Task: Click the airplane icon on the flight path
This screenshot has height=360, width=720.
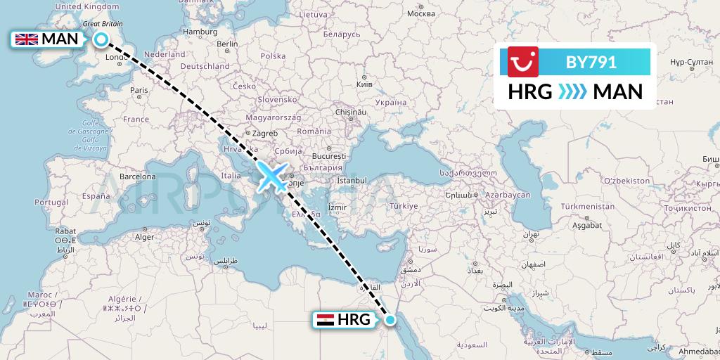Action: pyautogui.click(x=272, y=176)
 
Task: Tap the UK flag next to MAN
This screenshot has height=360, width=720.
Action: pyautogui.click(x=27, y=39)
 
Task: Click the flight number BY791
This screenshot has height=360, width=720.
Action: pyautogui.click(x=591, y=63)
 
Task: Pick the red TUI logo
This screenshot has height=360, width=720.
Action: pyautogui.click(x=523, y=61)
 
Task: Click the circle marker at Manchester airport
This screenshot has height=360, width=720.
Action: pyautogui.click(x=101, y=40)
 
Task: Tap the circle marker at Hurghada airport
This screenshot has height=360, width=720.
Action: pyautogui.click(x=391, y=321)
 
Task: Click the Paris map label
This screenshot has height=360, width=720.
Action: pyautogui.click(x=139, y=90)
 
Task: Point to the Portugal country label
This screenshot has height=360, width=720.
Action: pyautogui.click(x=50, y=202)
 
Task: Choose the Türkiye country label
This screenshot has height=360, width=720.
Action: pyautogui.click(x=404, y=206)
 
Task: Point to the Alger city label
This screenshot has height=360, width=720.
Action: pyautogui.click(x=144, y=237)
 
